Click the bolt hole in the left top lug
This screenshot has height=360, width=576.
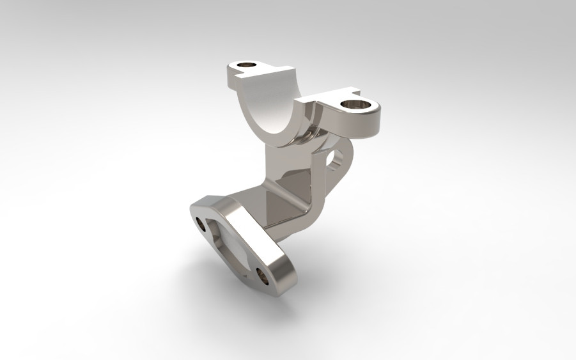click(x=245, y=65)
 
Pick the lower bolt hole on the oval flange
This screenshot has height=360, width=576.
click(x=263, y=276)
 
